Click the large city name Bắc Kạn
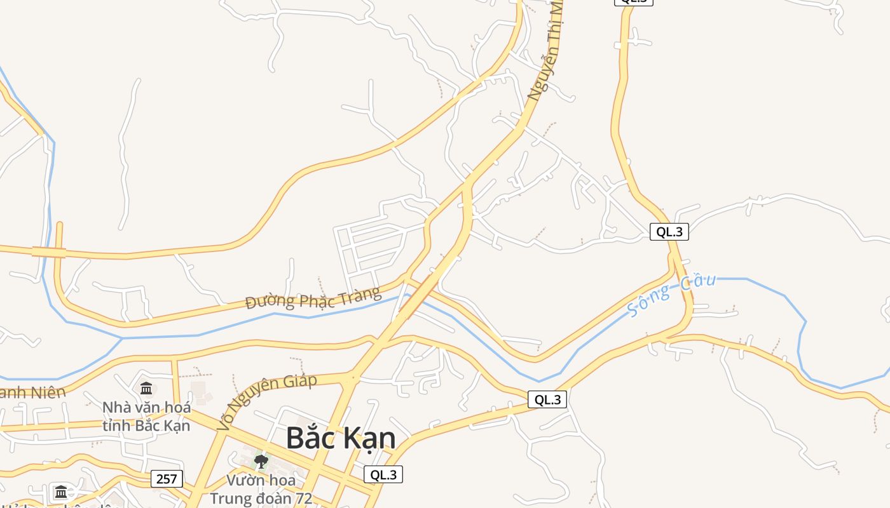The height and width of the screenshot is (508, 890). (341, 438)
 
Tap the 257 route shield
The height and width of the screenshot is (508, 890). (167, 479)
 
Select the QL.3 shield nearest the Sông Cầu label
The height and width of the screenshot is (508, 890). (669, 232)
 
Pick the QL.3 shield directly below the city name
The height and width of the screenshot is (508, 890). (383, 474)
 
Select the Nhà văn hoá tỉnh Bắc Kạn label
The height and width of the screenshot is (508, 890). (146, 416)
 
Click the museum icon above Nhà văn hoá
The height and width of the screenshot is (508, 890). (146, 388)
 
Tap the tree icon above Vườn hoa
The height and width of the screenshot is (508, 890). (261, 461)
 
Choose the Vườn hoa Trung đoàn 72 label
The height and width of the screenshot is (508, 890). (261, 489)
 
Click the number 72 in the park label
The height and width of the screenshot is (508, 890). (302, 498)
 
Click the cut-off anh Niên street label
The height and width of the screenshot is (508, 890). (32, 392)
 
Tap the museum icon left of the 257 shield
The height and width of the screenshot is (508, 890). (61, 491)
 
